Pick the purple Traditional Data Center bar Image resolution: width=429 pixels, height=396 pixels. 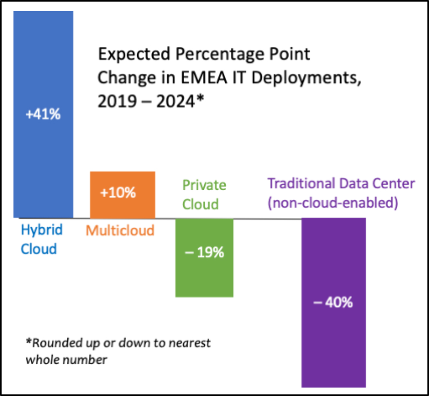(x=334, y=344)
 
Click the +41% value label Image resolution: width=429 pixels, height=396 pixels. (x=43, y=115)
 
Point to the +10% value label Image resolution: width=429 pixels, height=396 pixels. (x=118, y=193)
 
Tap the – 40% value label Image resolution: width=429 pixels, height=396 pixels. (x=333, y=302)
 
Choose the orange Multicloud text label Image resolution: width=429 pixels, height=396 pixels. (x=120, y=231)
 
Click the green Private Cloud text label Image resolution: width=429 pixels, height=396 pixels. (x=204, y=194)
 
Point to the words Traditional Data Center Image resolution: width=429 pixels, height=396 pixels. (x=341, y=184)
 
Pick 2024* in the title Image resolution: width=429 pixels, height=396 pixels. (x=180, y=102)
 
